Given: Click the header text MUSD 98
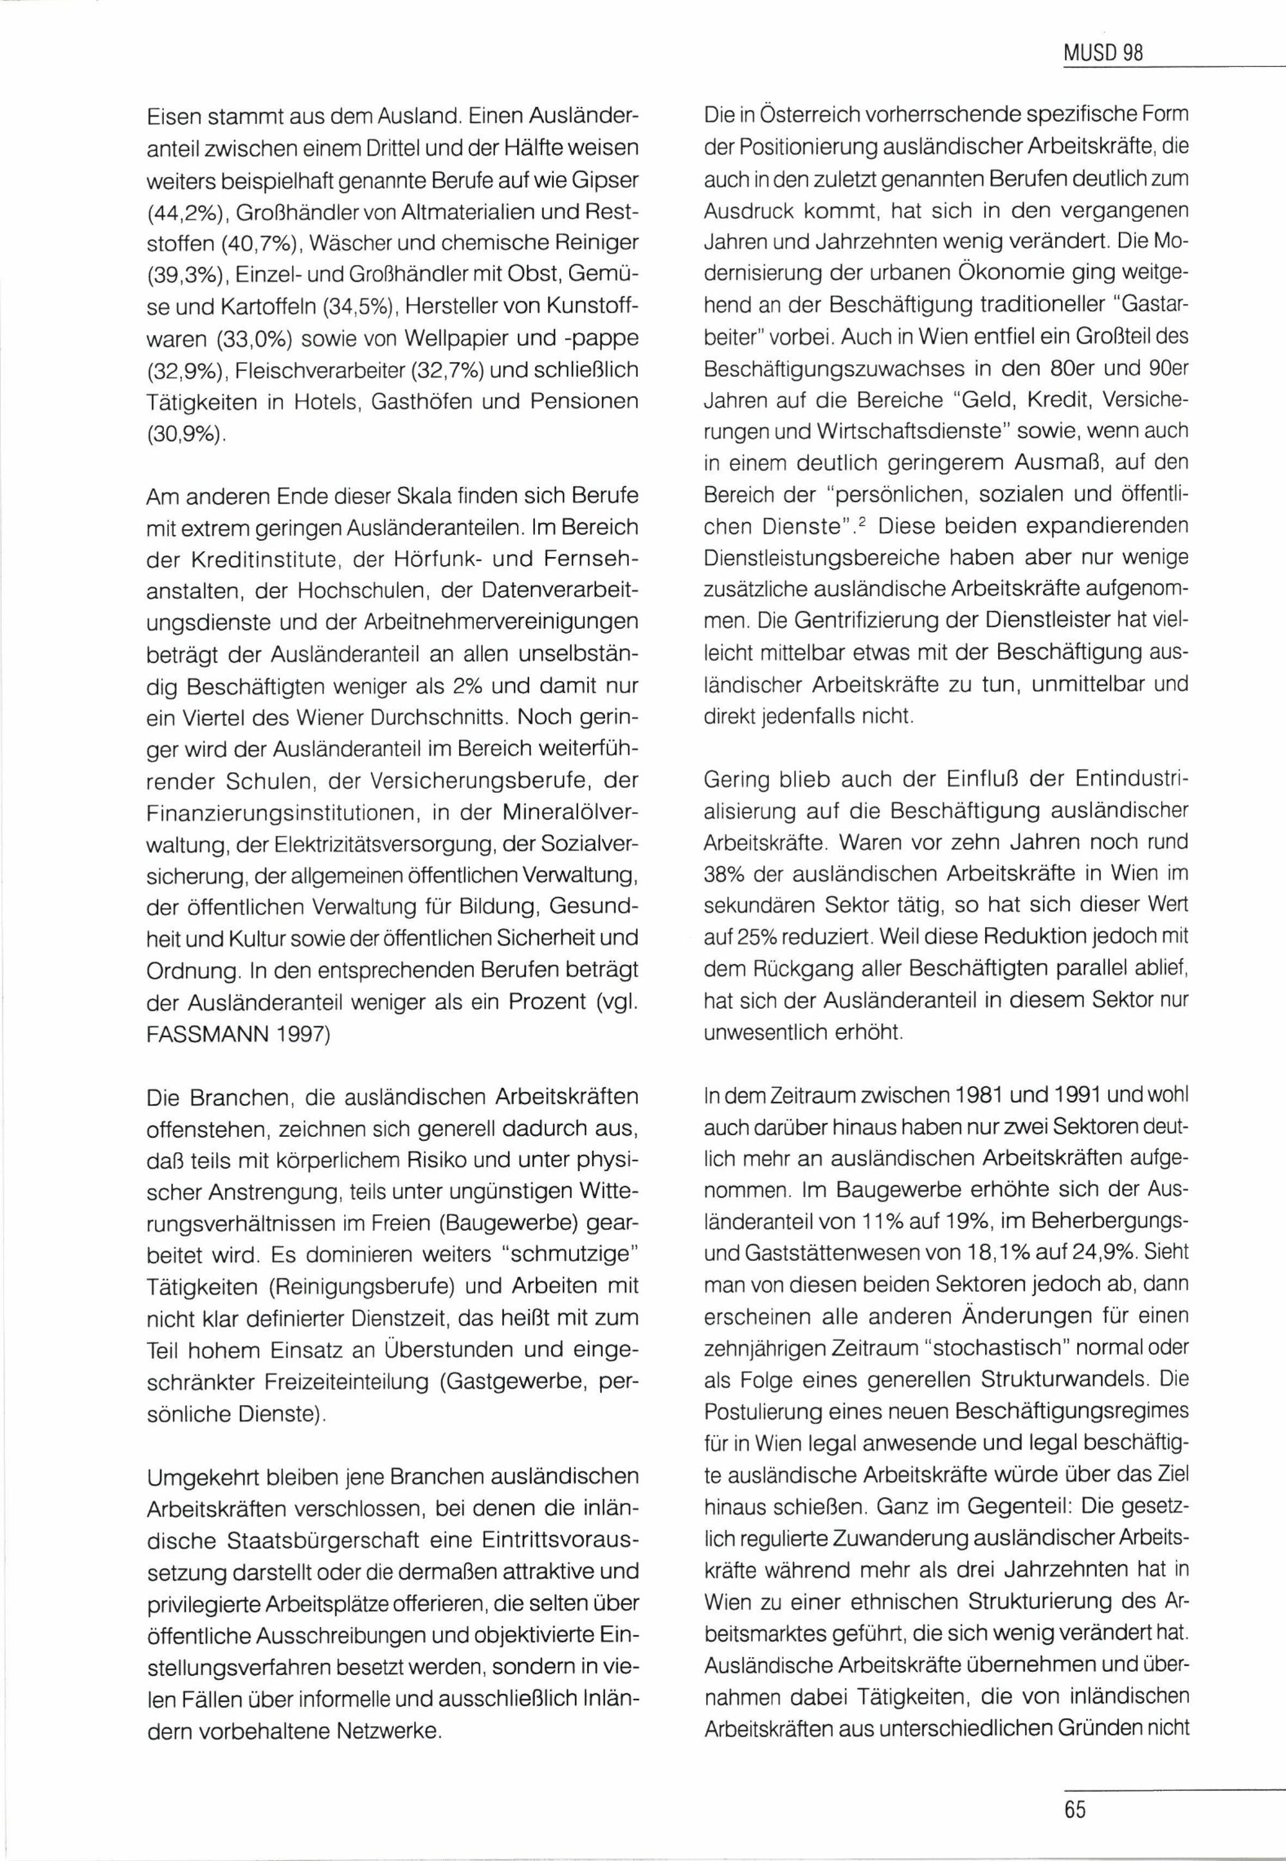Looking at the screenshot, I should point(1103,54).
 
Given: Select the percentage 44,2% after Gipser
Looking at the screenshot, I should point(183,212).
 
